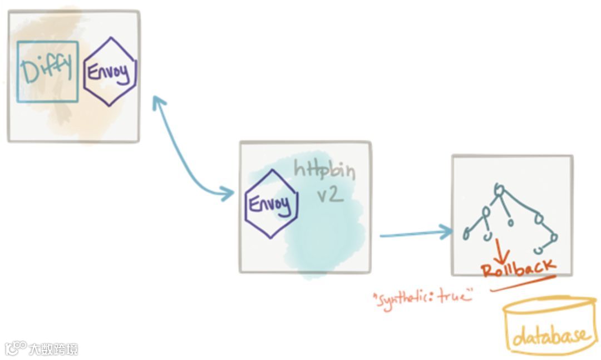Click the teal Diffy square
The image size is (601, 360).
(x=47, y=71)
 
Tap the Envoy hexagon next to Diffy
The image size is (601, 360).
(x=110, y=72)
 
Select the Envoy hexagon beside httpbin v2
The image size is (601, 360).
(x=271, y=205)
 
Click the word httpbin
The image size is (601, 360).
(x=324, y=169)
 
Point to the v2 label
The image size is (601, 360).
(x=329, y=195)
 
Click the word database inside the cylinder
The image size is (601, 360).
(x=549, y=336)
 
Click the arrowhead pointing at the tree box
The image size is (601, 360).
(x=447, y=231)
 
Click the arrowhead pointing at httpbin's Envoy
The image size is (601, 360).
(x=228, y=193)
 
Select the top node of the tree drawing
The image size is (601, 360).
(x=499, y=191)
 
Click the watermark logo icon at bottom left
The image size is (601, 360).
(x=15, y=348)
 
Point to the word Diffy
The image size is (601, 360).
(x=47, y=70)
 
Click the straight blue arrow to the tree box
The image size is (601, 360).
(x=415, y=234)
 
